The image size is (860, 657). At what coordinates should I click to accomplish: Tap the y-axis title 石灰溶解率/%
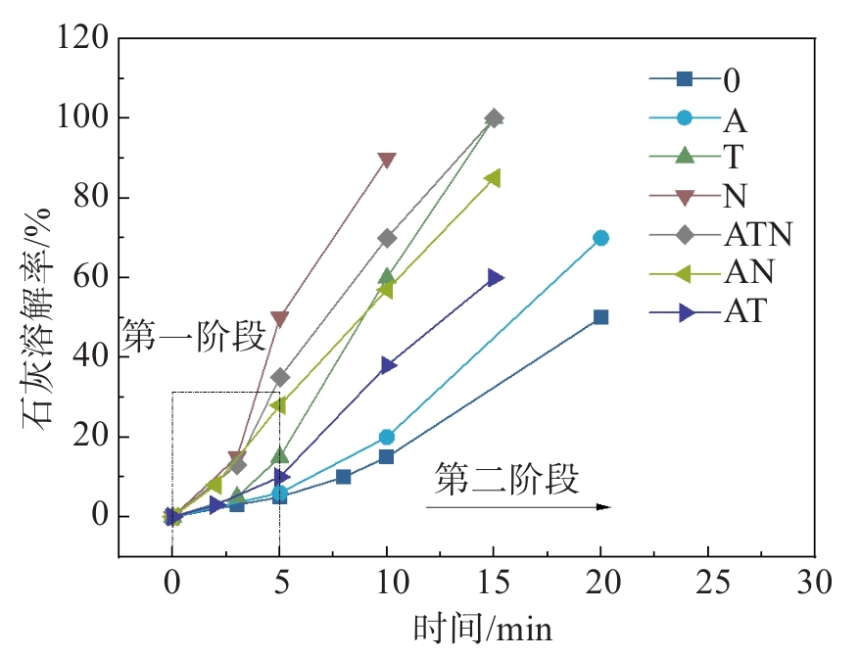click(x=33, y=294)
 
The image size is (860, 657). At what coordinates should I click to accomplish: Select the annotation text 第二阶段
click(x=507, y=481)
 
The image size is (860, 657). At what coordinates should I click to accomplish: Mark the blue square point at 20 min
click(x=600, y=316)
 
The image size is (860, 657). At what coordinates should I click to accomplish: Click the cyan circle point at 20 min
click(x=600, y=238)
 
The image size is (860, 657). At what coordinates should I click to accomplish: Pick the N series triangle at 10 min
click(x=386, y=160)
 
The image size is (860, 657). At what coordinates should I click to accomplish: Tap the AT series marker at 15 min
click(x=495, y=278)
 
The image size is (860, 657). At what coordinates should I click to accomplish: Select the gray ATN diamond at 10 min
click(x=387, y=238)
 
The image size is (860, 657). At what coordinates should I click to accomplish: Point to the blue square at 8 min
click(x=343, y=476)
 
